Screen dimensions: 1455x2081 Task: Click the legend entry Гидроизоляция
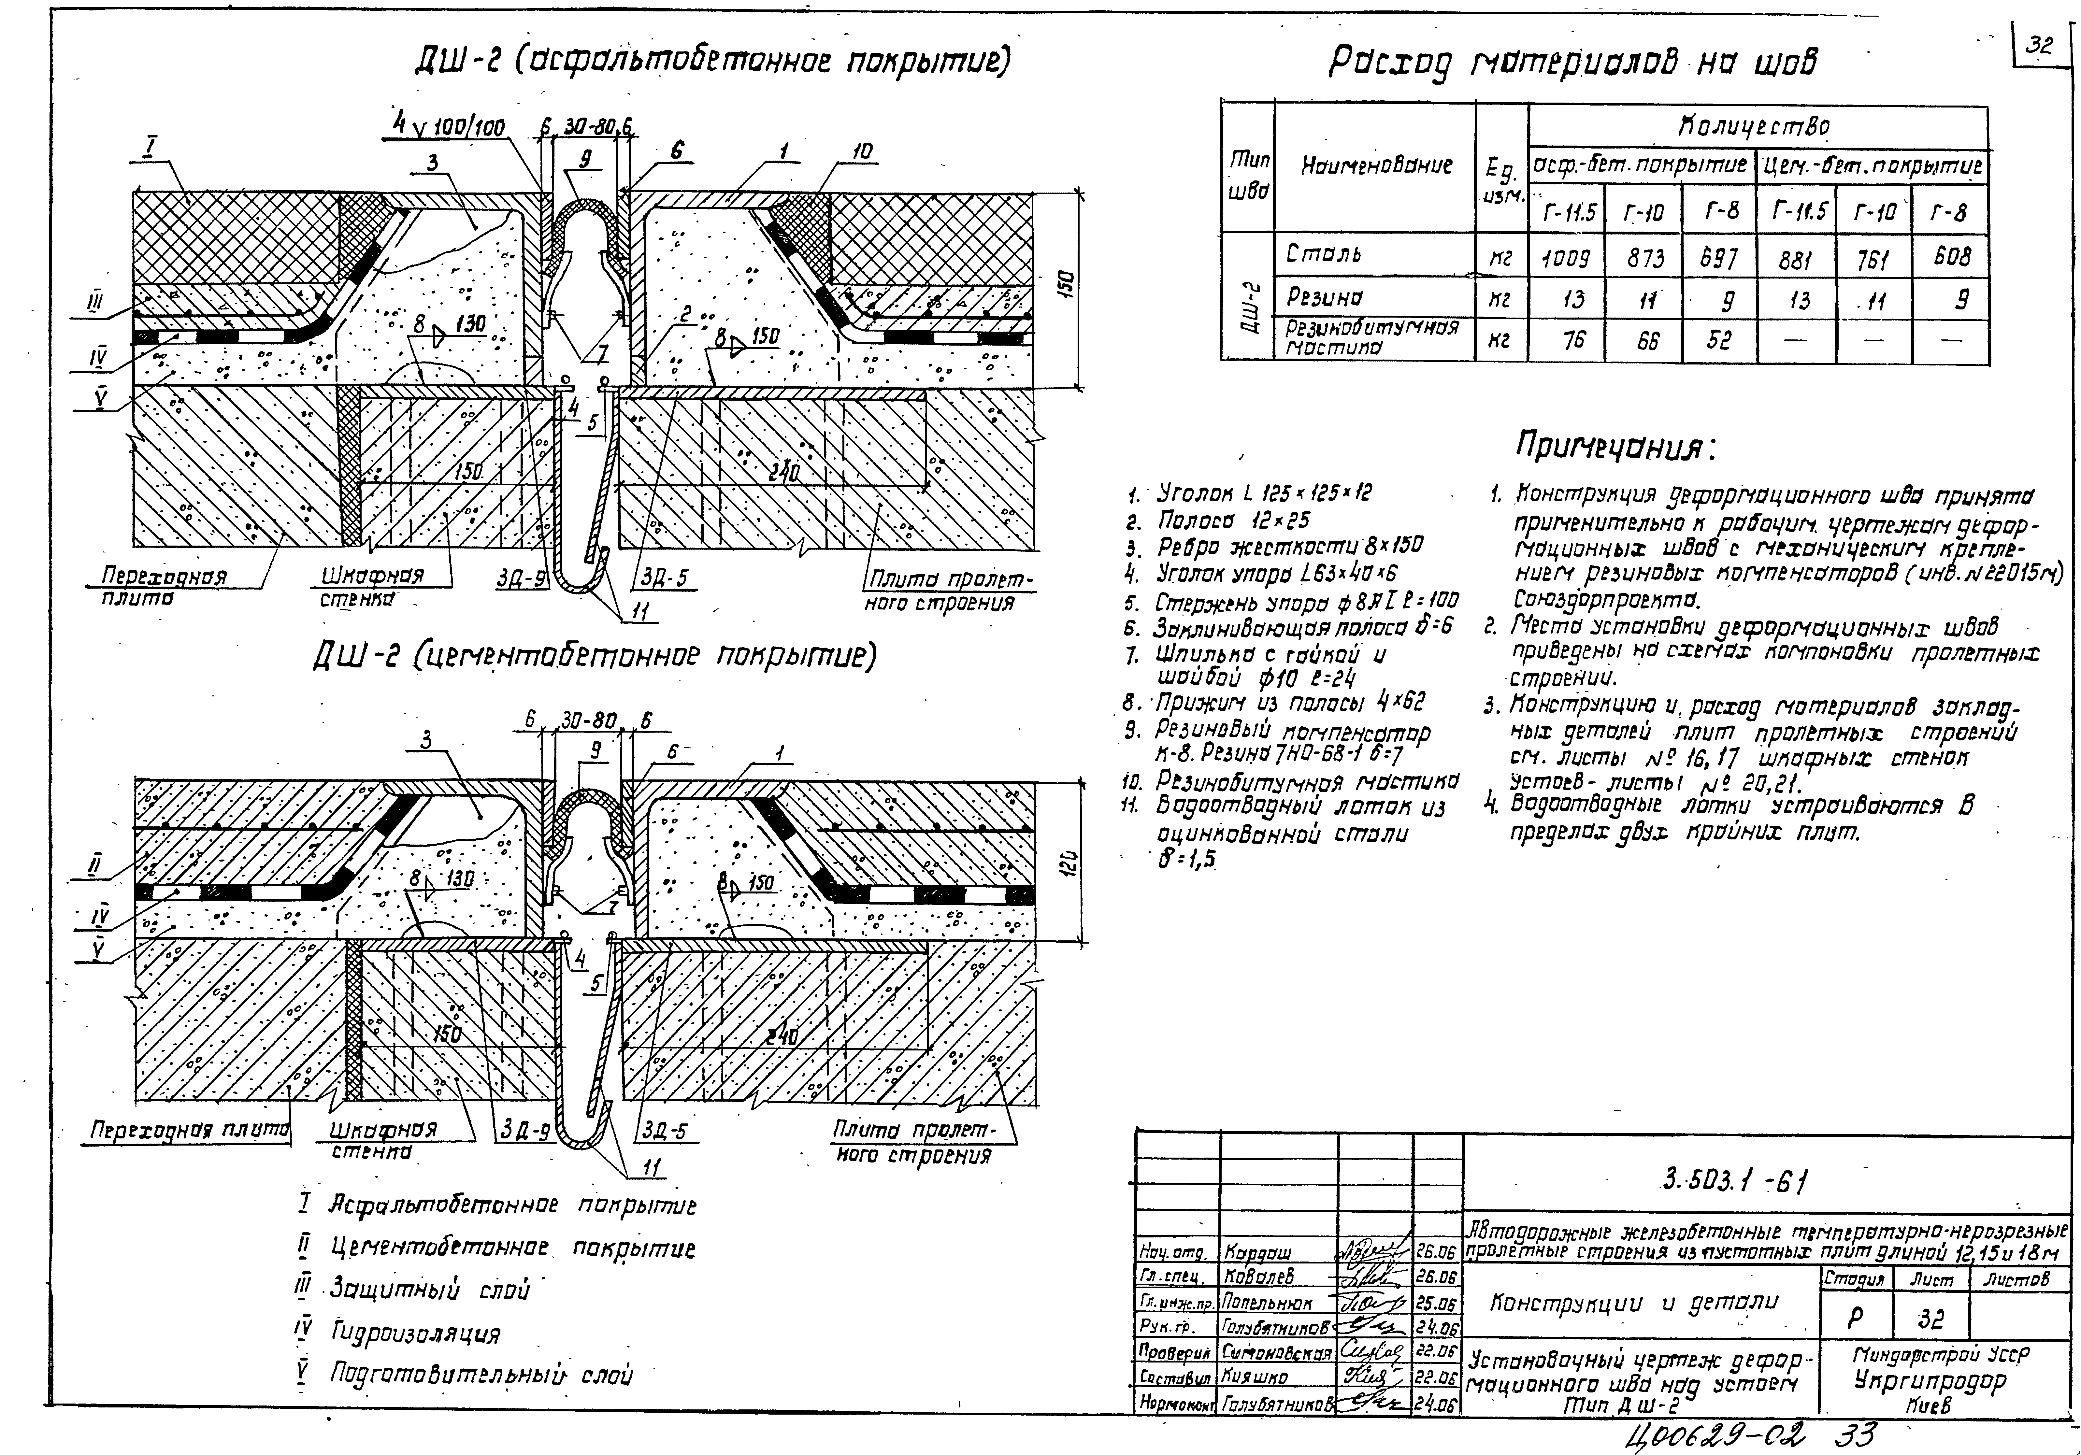[415, 1334]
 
